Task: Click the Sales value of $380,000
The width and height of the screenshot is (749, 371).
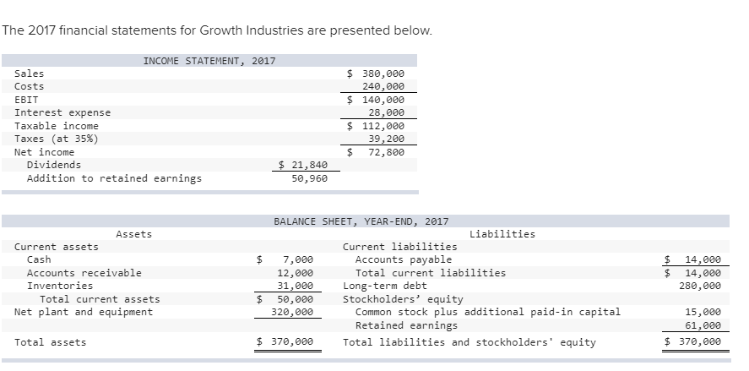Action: point(377,74)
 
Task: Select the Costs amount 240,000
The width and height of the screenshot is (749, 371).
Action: point(383,86)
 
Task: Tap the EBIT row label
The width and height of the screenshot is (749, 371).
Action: point(26,99)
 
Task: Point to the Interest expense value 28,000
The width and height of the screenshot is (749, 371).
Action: point(387,112)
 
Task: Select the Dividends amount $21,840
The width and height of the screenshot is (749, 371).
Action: point(303,166)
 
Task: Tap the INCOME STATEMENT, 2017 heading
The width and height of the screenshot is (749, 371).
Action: point(209,61)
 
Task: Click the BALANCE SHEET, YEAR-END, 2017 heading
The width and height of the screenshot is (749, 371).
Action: point(361,221)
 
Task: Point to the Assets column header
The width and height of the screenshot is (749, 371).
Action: point(133,234)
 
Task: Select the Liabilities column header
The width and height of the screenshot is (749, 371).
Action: point(502,234)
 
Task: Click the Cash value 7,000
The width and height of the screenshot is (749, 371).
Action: point(298,259)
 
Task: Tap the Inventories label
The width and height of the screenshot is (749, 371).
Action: point(60,286)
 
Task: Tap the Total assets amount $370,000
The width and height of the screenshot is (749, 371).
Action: point(285,342)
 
